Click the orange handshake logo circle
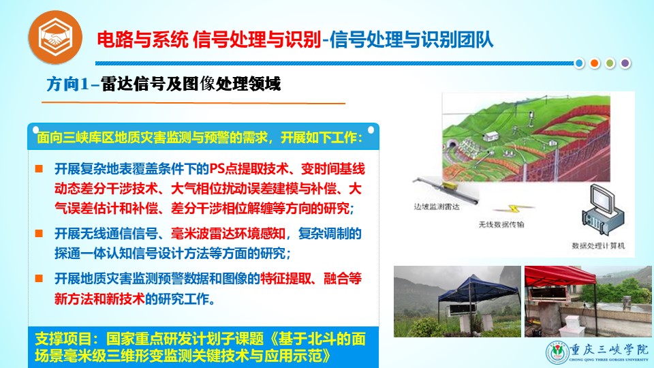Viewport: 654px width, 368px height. pos(55,37)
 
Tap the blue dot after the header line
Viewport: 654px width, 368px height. pos(579,63)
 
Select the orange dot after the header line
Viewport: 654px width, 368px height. pos(594,63)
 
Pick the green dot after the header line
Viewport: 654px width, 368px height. pos(610,63)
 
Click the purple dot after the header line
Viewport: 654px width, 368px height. pos(625,63)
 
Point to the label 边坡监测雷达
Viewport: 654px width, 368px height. pos(436,206)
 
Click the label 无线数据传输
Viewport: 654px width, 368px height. pos(501,224)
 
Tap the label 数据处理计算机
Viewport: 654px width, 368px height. pos(598,246)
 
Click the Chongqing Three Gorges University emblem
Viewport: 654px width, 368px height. pos(557,352)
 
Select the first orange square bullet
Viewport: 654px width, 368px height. pos(39,168)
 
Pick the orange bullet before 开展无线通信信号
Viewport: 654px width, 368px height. pos(39,233)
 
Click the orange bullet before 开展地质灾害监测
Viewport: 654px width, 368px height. pos(39,278)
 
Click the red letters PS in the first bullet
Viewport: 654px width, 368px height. pos(217,168)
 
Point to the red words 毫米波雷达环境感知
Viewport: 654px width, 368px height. pos(228,233)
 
